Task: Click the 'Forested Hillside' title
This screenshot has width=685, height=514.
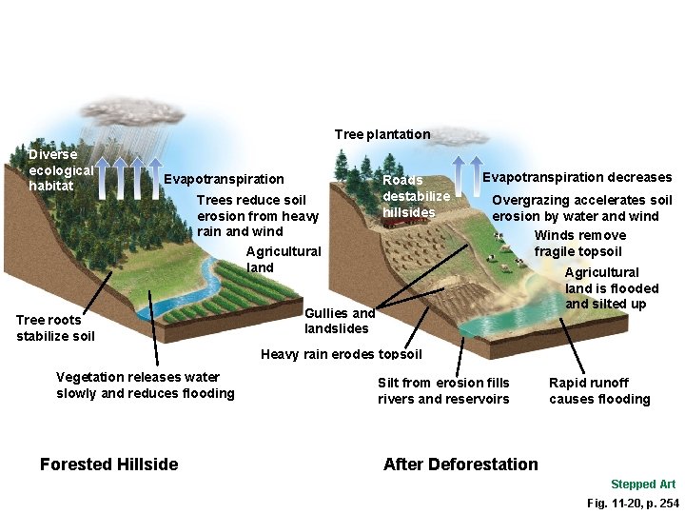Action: tap(108, 465)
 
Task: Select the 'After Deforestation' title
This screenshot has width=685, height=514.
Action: tap(460, 465)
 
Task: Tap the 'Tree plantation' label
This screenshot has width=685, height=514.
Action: tap(382, 134)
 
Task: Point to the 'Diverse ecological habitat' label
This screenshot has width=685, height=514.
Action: tap(60, 169)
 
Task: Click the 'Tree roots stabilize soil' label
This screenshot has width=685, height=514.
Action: tap(55, 327)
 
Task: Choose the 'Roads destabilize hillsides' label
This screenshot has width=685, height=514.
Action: tap(416, 195)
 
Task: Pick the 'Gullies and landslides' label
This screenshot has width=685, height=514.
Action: tap(340, 321)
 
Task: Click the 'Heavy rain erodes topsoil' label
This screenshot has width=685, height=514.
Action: tap(342, 355)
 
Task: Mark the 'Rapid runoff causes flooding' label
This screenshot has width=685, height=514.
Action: tap(599, 391)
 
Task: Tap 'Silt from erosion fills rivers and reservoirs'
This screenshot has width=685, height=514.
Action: tap(443, 391)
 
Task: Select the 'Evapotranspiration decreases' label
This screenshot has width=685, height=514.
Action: tap(577, 177)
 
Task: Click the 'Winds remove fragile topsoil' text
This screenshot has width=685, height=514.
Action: tap(579, 244)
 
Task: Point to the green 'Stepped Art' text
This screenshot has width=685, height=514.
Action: tap(643, 484)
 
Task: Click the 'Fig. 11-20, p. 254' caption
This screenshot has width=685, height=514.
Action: tap(633, 503)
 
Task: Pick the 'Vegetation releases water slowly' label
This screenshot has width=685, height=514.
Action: tap(145, 385)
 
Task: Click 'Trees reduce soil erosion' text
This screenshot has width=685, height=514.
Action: tap(257, 215)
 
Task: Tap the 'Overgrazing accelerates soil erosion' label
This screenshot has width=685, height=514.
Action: tap(581, 208)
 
